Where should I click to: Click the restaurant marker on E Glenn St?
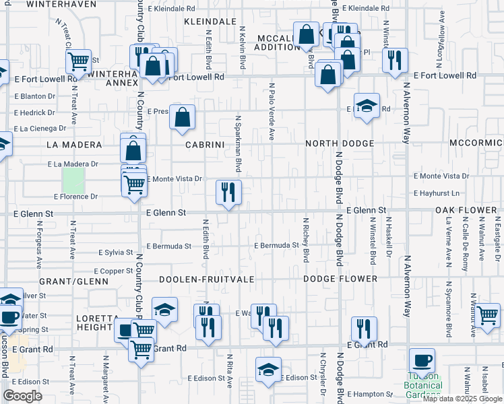coord(228,193)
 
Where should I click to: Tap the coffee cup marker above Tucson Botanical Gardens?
coord(422,360)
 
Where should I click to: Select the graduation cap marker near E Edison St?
coord(268,370)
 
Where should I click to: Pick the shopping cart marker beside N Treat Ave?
coord(79,62)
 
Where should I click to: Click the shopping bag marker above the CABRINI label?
coord(183,118)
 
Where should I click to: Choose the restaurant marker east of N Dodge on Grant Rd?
coord(364,329)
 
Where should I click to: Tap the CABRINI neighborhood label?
coord(205,144)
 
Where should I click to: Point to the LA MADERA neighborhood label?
coord(74,145)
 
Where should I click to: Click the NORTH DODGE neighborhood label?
coord(340,144)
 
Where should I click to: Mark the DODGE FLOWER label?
coord(340,279)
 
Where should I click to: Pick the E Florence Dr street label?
coord(76,197)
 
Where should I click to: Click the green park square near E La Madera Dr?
coord(73,179)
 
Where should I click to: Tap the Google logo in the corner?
coord(23,395)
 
